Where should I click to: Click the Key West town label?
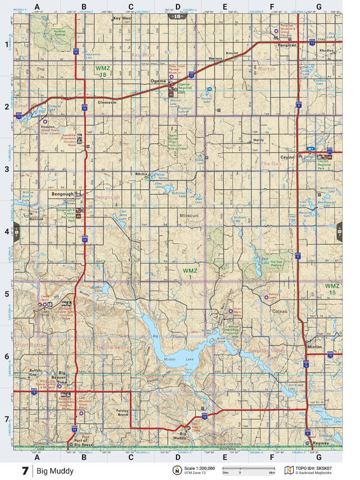click(x=122, y=19)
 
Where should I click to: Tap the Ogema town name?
click(x=159, y=82)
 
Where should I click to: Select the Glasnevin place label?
click(x=107, y=102)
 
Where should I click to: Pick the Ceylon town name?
click(x=287, y=157)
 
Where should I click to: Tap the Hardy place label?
click(x=259, y=140)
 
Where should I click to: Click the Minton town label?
click(x=315, y=347)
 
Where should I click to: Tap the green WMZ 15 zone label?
click(x=332, y=290)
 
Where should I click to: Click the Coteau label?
click(x=280, y=311)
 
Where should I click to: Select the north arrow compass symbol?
click(x=177, y=470)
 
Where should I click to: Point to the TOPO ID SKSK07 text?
click(x=318, y=468)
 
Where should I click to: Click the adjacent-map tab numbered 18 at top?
click(x=177, y=17)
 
